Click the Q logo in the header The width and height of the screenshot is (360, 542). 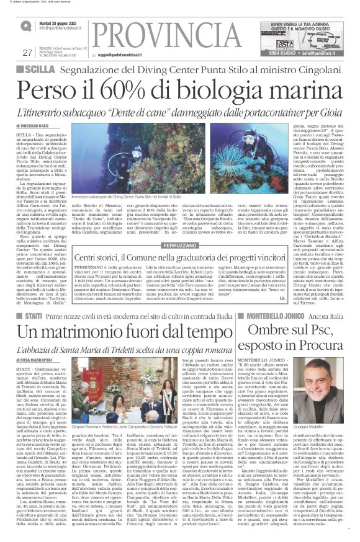[24, 25]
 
